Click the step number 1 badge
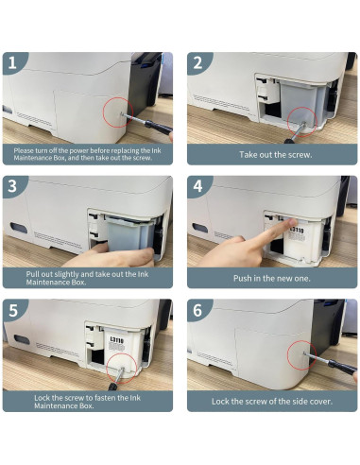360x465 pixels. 12,62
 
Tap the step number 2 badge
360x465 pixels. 197,62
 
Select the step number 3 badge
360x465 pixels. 12,186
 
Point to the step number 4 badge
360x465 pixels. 197,186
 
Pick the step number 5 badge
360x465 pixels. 12,310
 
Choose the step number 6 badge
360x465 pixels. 197,310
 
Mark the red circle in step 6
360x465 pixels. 288,355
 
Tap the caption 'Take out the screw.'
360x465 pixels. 276,155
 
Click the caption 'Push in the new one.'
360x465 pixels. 272,278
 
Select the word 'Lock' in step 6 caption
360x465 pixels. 220,402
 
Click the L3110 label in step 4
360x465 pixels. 298,232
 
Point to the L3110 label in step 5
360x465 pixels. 117,339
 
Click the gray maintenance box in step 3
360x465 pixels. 130,236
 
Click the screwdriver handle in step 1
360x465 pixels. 159,127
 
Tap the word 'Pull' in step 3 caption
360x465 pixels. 33,274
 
